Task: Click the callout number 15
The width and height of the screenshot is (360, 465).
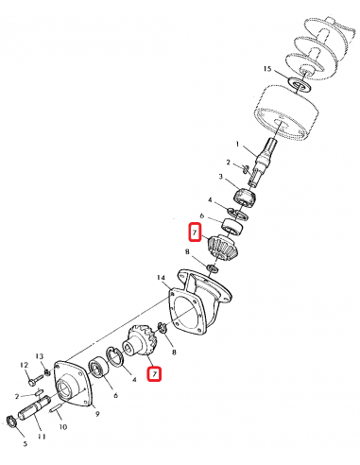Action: (x=268, y=70)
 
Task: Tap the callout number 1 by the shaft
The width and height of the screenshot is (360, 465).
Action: (x=238, y=144)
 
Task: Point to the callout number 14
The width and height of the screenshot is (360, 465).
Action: (x=162, y=278)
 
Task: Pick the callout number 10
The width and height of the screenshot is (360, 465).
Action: (x=62, y=426)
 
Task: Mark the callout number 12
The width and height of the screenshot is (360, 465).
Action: (x=23, y=364)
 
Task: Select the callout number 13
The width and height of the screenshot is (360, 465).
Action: (x=41, y=356)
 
